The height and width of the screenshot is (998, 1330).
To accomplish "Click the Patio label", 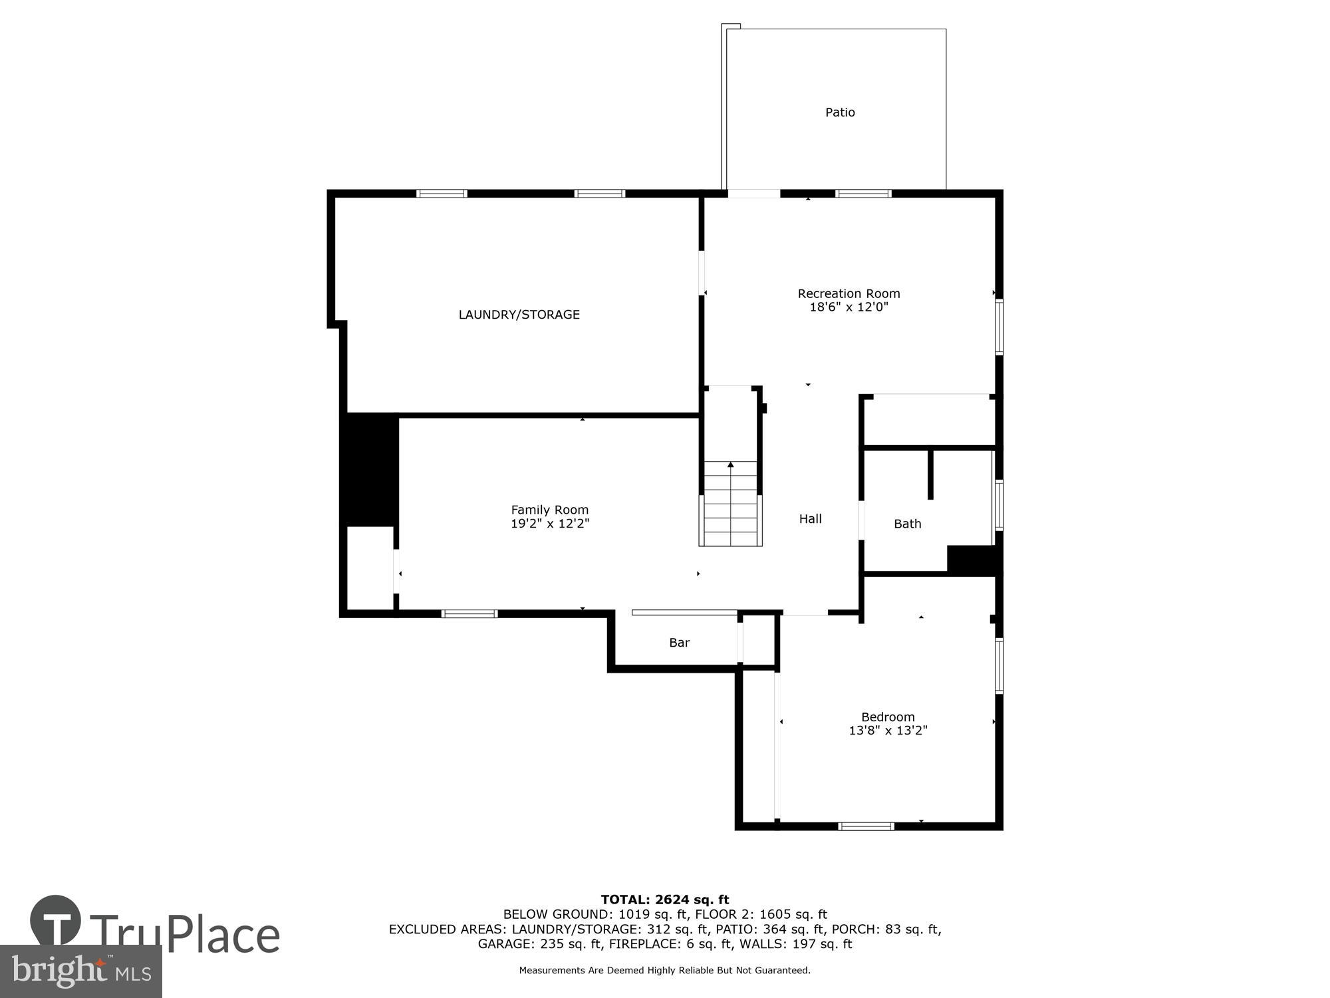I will click(x=840, y=112).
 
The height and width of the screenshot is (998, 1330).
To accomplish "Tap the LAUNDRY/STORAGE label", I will click(x=519, y=315).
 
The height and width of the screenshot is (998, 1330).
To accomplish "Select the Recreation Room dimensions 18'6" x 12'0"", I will click(x=849, y=307).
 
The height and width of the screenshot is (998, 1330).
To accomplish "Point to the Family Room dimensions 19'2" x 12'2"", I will click(x=550, y=524).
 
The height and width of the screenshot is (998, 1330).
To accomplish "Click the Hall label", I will click(x=810, y=519).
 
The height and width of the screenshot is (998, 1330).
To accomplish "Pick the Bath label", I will click(x=907, y=524).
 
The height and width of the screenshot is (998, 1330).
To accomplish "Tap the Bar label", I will click(x=679, y=643).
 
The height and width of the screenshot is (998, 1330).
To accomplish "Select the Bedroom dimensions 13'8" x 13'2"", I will click(x=888, y=731).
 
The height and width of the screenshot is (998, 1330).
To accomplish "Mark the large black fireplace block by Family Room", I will click(x=370, y=470).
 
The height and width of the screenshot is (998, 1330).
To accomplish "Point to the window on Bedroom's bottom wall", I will click(x=866, y=826).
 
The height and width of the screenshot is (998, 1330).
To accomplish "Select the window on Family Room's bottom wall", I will click(x=469, y=613).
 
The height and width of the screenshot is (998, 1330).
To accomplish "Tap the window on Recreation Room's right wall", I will click(x=999, y=327).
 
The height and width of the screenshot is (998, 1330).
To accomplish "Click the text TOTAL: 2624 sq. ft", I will click(x=665, y=900).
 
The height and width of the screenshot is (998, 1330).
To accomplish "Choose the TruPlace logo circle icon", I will click(x=56, y=921).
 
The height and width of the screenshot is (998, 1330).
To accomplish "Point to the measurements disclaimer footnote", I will click(x=665, y=971).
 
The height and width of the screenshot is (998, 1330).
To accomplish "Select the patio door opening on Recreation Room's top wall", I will click(x=753, y=194).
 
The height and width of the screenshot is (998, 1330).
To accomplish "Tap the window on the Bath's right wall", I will click(x=999, y=505).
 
